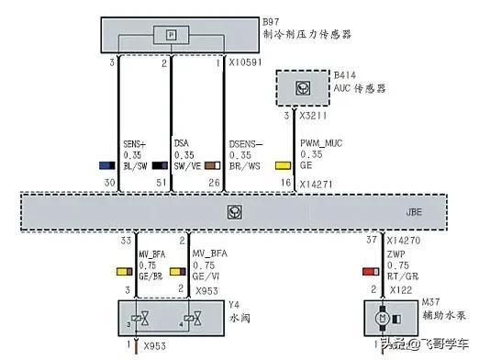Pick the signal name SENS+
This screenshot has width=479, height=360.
(135, 144)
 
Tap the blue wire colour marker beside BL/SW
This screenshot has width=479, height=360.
(106, 166)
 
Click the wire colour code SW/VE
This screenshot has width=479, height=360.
(187, 166)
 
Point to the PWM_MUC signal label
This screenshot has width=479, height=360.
(323, 144)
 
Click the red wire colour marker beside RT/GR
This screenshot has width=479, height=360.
(369, 272)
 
